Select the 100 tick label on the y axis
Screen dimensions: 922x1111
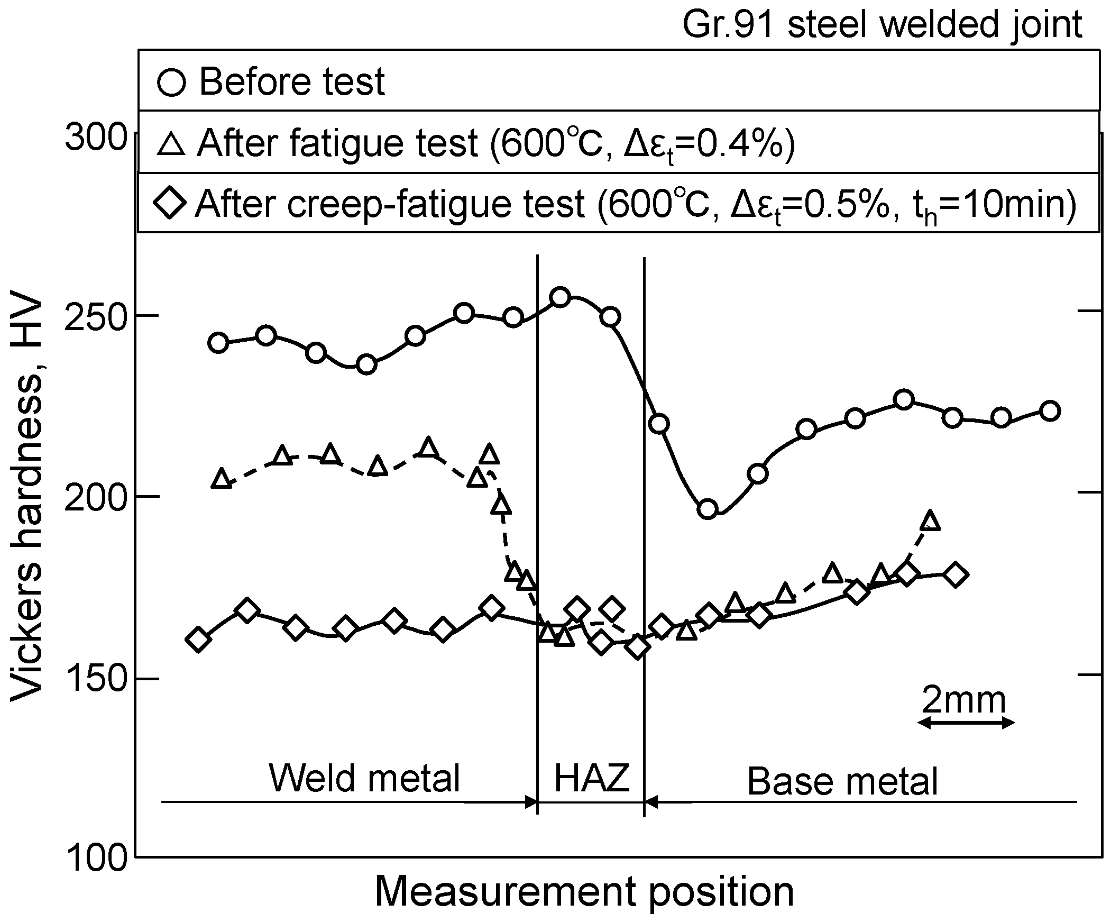coord(96,858)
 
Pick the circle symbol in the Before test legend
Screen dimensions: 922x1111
coord(172,83)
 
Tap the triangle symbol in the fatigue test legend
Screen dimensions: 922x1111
coord(171,144)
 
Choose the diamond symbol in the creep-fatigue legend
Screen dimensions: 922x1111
coord(170,203)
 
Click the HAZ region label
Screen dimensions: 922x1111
coord(592,778)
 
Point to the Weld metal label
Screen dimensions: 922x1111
coord(364,778)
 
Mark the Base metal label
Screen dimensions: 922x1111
coord(842,781)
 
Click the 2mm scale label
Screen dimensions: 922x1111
coord(963,700)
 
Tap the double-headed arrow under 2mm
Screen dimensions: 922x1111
coord(966,723)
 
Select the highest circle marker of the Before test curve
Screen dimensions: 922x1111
coord(560,297)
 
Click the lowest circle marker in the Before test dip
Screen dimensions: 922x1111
coord(708,509)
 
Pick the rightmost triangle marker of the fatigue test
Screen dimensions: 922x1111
coord(930,522)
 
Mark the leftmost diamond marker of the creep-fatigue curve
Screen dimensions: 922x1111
coord(198,640)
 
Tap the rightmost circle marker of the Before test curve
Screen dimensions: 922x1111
coord(1050,411)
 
